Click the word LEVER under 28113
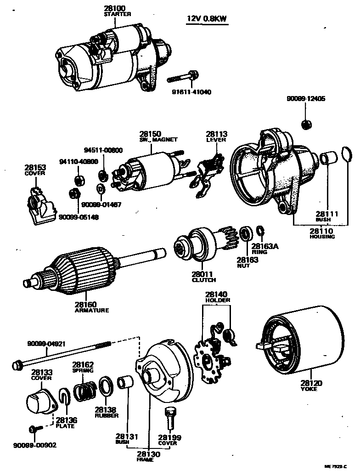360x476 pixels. [216, 140]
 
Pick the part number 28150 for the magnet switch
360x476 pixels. [150, 134]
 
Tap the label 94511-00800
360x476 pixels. [103, 150]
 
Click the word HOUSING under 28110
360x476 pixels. [322, 237]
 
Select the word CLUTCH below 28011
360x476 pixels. [203, 280]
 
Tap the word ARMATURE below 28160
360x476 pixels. [91, 310]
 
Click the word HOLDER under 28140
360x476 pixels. [217, 300]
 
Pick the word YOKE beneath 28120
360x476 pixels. [311, 389]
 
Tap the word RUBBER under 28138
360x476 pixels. [107, 415]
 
